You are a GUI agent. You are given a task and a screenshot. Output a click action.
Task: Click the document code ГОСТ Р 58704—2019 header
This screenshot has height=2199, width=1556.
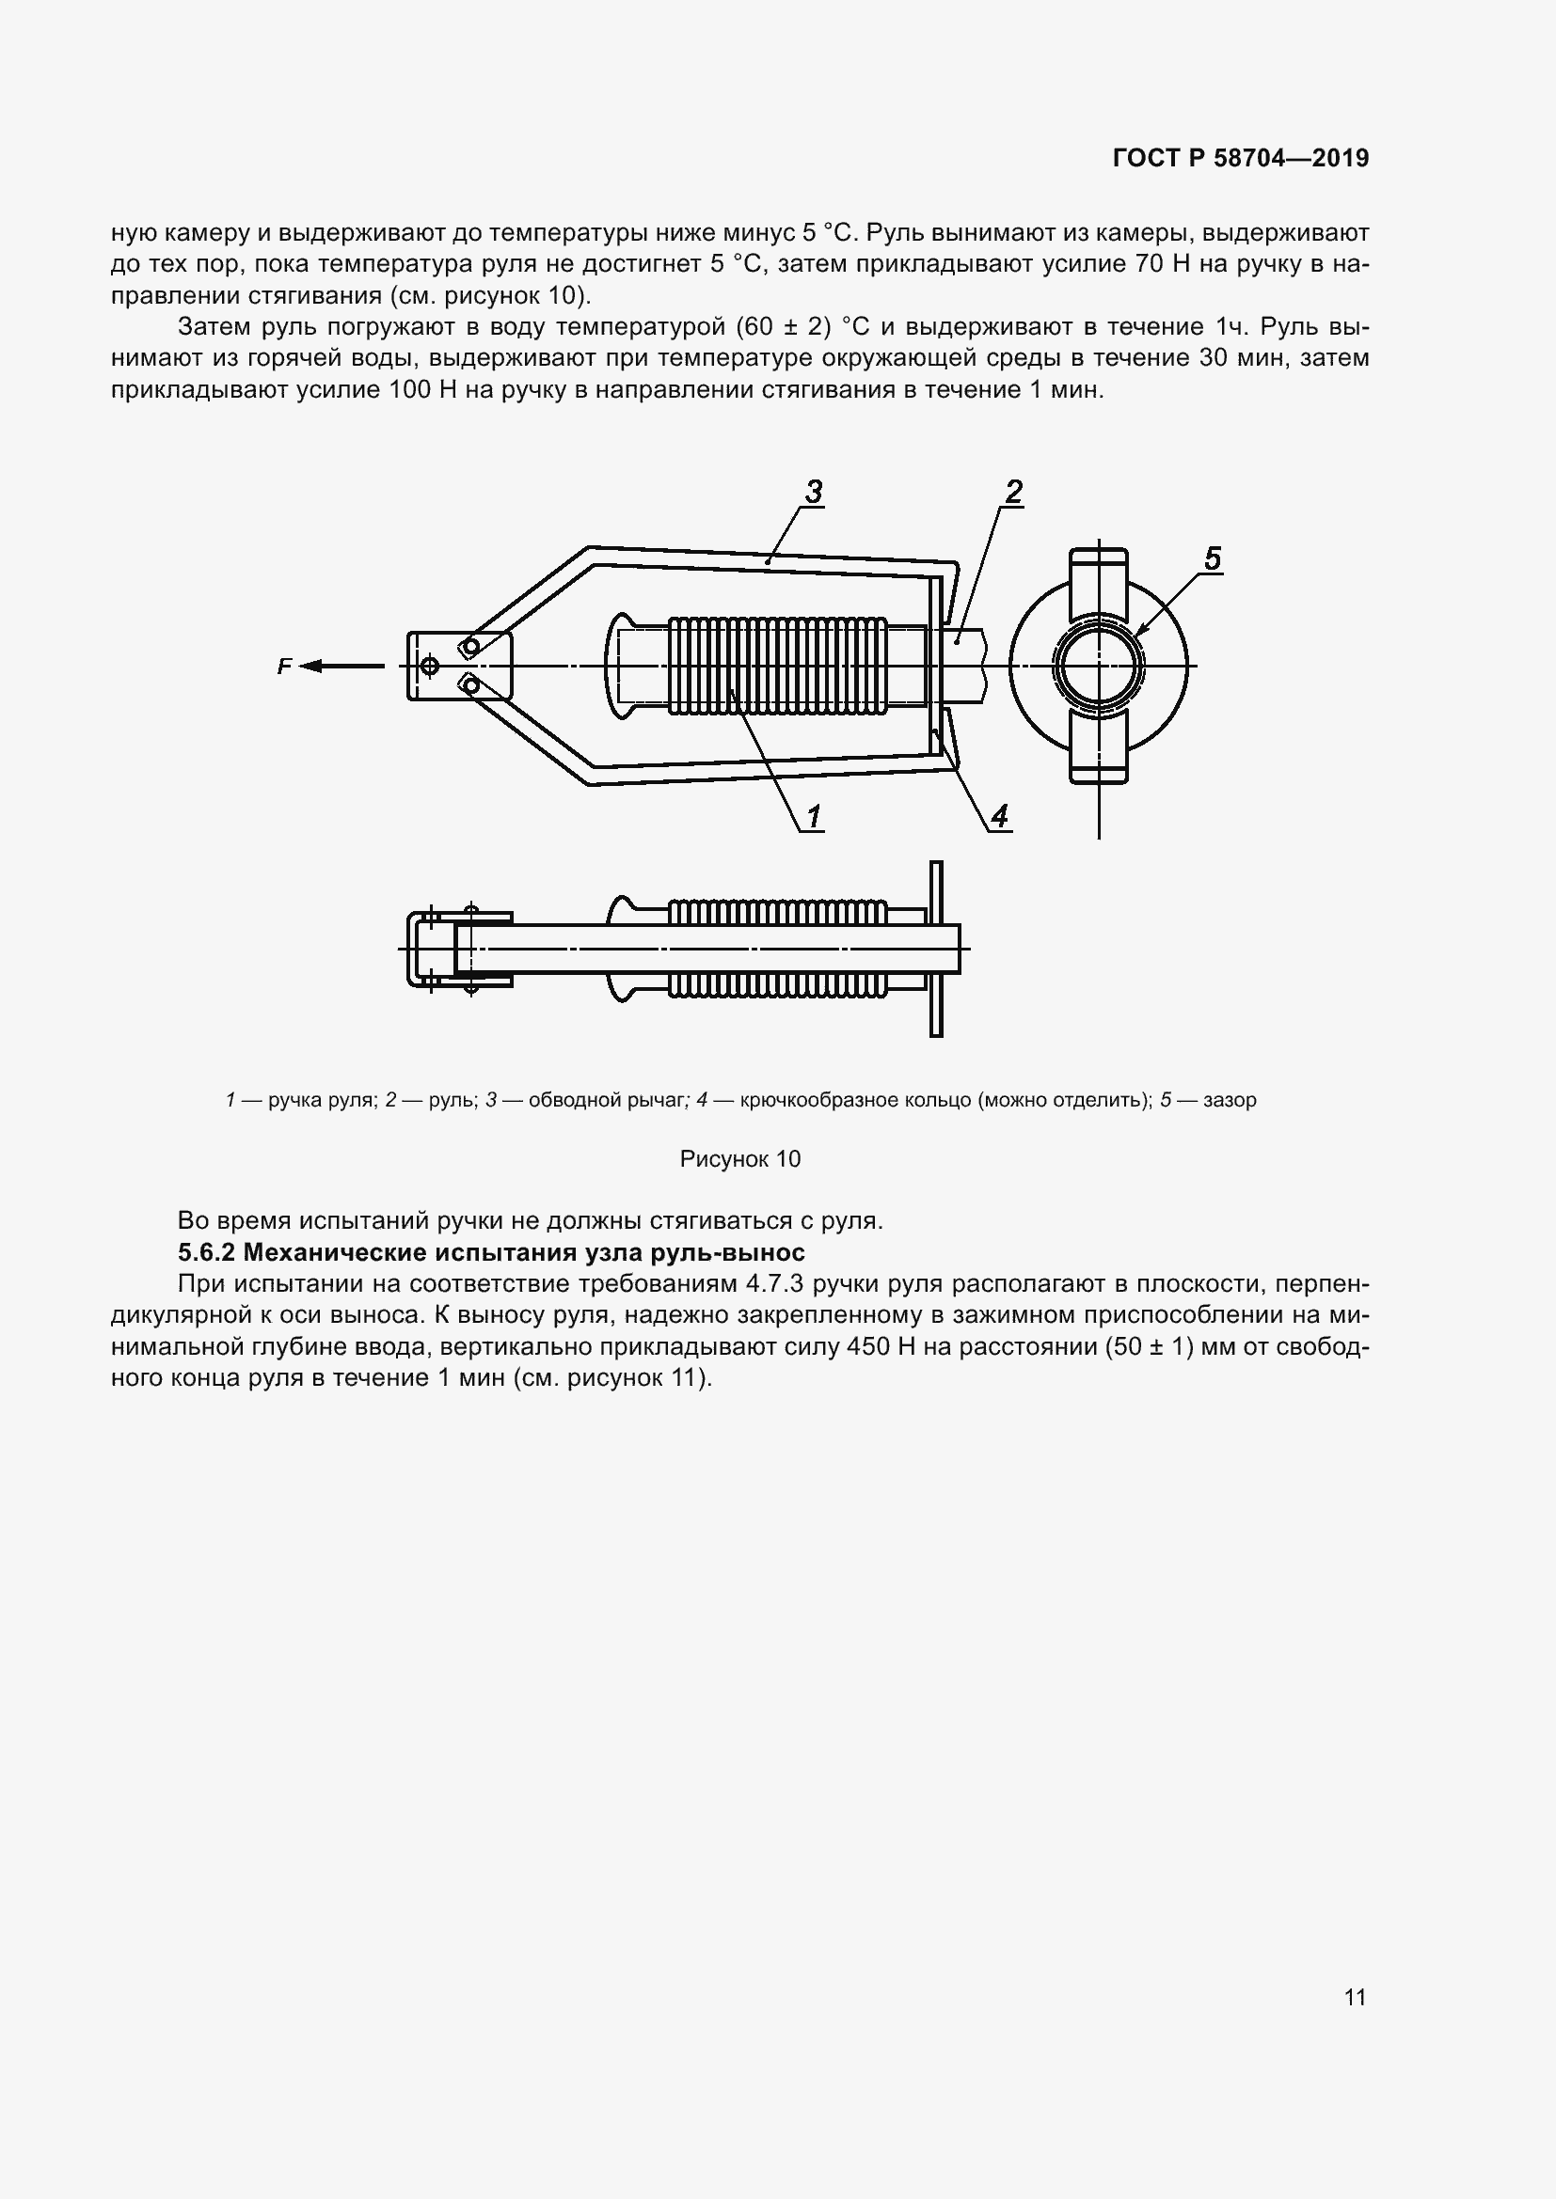1241,158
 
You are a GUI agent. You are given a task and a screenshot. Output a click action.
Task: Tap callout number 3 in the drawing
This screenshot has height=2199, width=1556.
814,493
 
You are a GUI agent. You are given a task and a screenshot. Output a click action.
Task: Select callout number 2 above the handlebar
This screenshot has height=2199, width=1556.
1013,493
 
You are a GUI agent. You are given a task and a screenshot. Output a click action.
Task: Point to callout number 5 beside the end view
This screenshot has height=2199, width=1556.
1212,558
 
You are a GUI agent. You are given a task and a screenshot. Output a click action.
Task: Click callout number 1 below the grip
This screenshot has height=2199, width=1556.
814,817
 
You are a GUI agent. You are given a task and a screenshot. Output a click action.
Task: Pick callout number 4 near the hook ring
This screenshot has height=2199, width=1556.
999,817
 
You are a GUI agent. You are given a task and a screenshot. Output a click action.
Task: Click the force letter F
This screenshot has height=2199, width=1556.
283,667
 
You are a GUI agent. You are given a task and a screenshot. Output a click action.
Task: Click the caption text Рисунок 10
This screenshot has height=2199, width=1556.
739,1159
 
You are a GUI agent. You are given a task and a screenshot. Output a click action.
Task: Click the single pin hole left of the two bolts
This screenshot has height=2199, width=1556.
429,666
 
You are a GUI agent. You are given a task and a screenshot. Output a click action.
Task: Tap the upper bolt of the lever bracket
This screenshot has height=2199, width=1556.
469,647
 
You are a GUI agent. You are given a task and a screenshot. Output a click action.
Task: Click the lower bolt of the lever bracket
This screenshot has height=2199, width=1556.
469,683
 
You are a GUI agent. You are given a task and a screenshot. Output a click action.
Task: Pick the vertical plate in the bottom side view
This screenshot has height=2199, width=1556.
936,949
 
